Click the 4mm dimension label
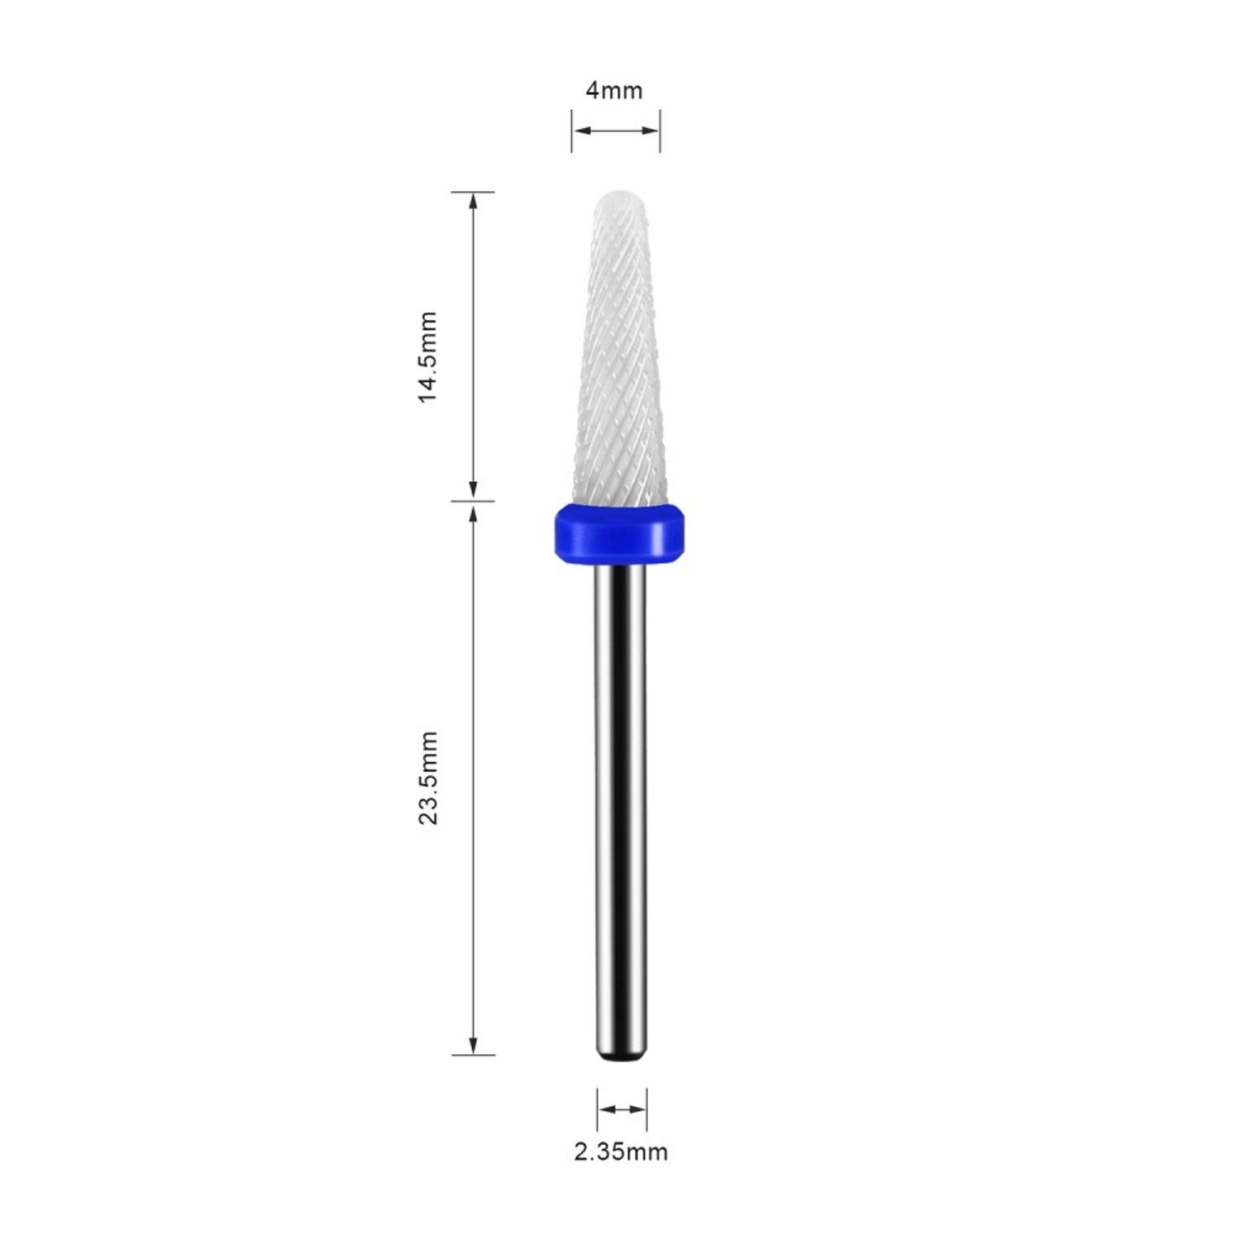(x=614, y=90)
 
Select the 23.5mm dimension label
(x=427, y=777)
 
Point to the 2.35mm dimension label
(x=621, y=1152)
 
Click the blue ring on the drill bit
(x=620, y=532)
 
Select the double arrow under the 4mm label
(x=616, y=130)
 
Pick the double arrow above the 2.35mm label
(x=622, y=1109)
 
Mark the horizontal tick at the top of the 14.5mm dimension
(x=473, y=192)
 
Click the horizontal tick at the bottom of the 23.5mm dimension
(x=473, y=1055)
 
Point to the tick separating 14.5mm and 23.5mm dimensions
(x=473, y=501)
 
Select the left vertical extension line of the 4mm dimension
(x=571, y=131)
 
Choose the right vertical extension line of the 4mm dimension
(x=660, y=131)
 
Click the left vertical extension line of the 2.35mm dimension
(x=597, y=1109)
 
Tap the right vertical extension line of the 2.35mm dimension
(x=646, y=1109)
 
